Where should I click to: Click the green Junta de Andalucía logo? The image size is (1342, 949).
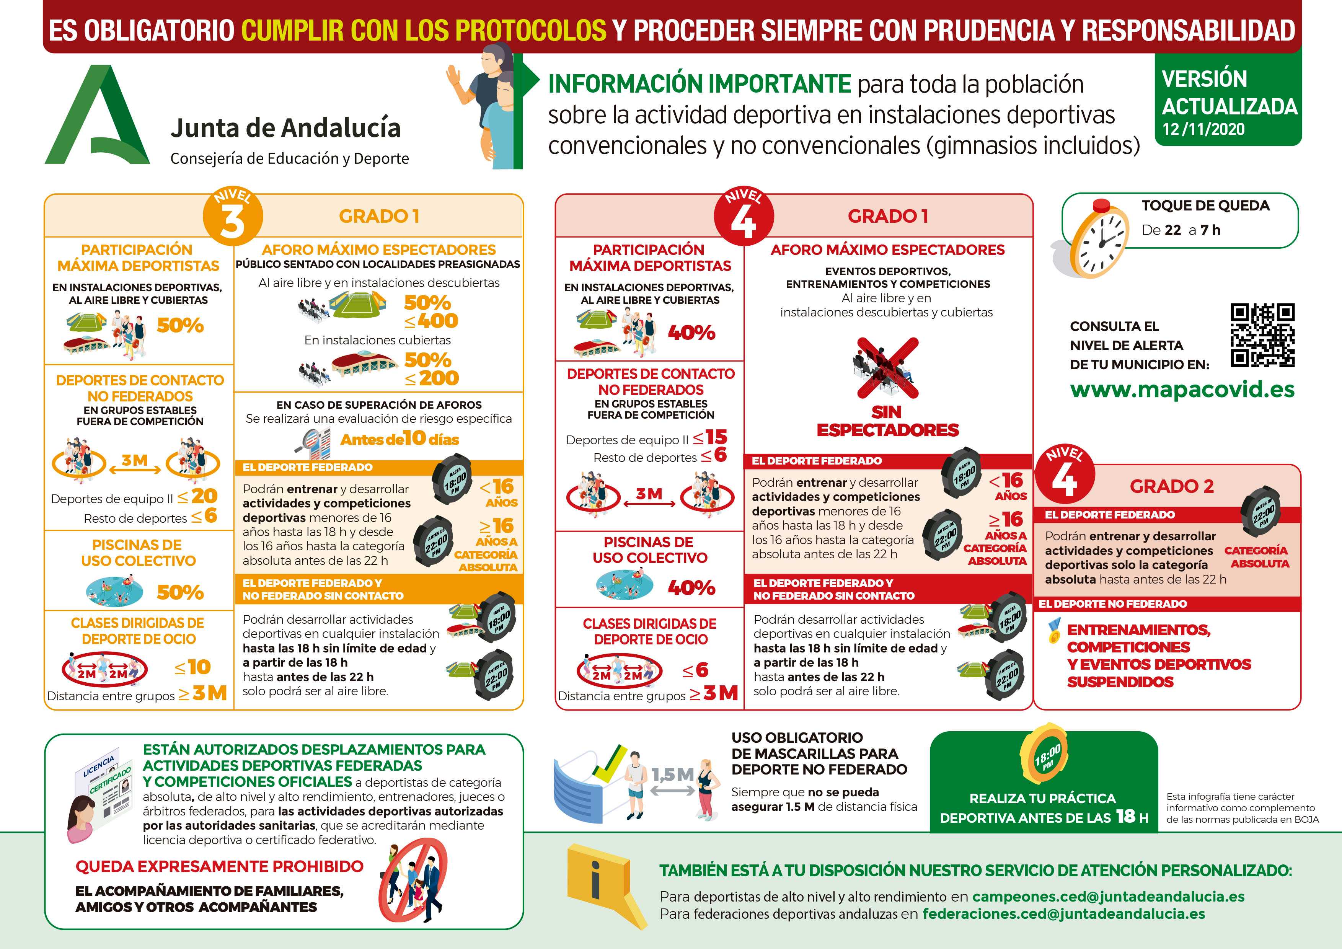click(x=96, y=116)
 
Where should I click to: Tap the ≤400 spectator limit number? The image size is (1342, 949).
click(x=431, y=321)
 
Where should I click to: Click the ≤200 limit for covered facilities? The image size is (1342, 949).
click(x=431, y=378)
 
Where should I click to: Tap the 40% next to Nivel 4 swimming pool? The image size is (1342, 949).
click(x=691, y=588)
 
